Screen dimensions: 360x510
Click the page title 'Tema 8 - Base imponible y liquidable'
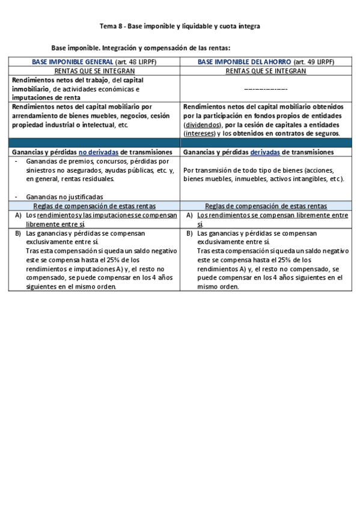[x=180, y=27]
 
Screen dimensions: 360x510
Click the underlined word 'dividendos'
[x=201, y=124]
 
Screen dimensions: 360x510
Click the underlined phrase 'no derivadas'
[x=99, y=153]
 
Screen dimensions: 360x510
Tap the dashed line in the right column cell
[x=265, y=89]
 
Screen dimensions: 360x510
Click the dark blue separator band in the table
[x=180, y=143]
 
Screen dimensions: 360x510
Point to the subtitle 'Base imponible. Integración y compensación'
[x=141, y=47]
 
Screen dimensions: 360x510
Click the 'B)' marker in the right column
[x=189, y=233]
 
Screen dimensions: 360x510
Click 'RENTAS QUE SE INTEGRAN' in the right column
[x=266, y=71]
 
